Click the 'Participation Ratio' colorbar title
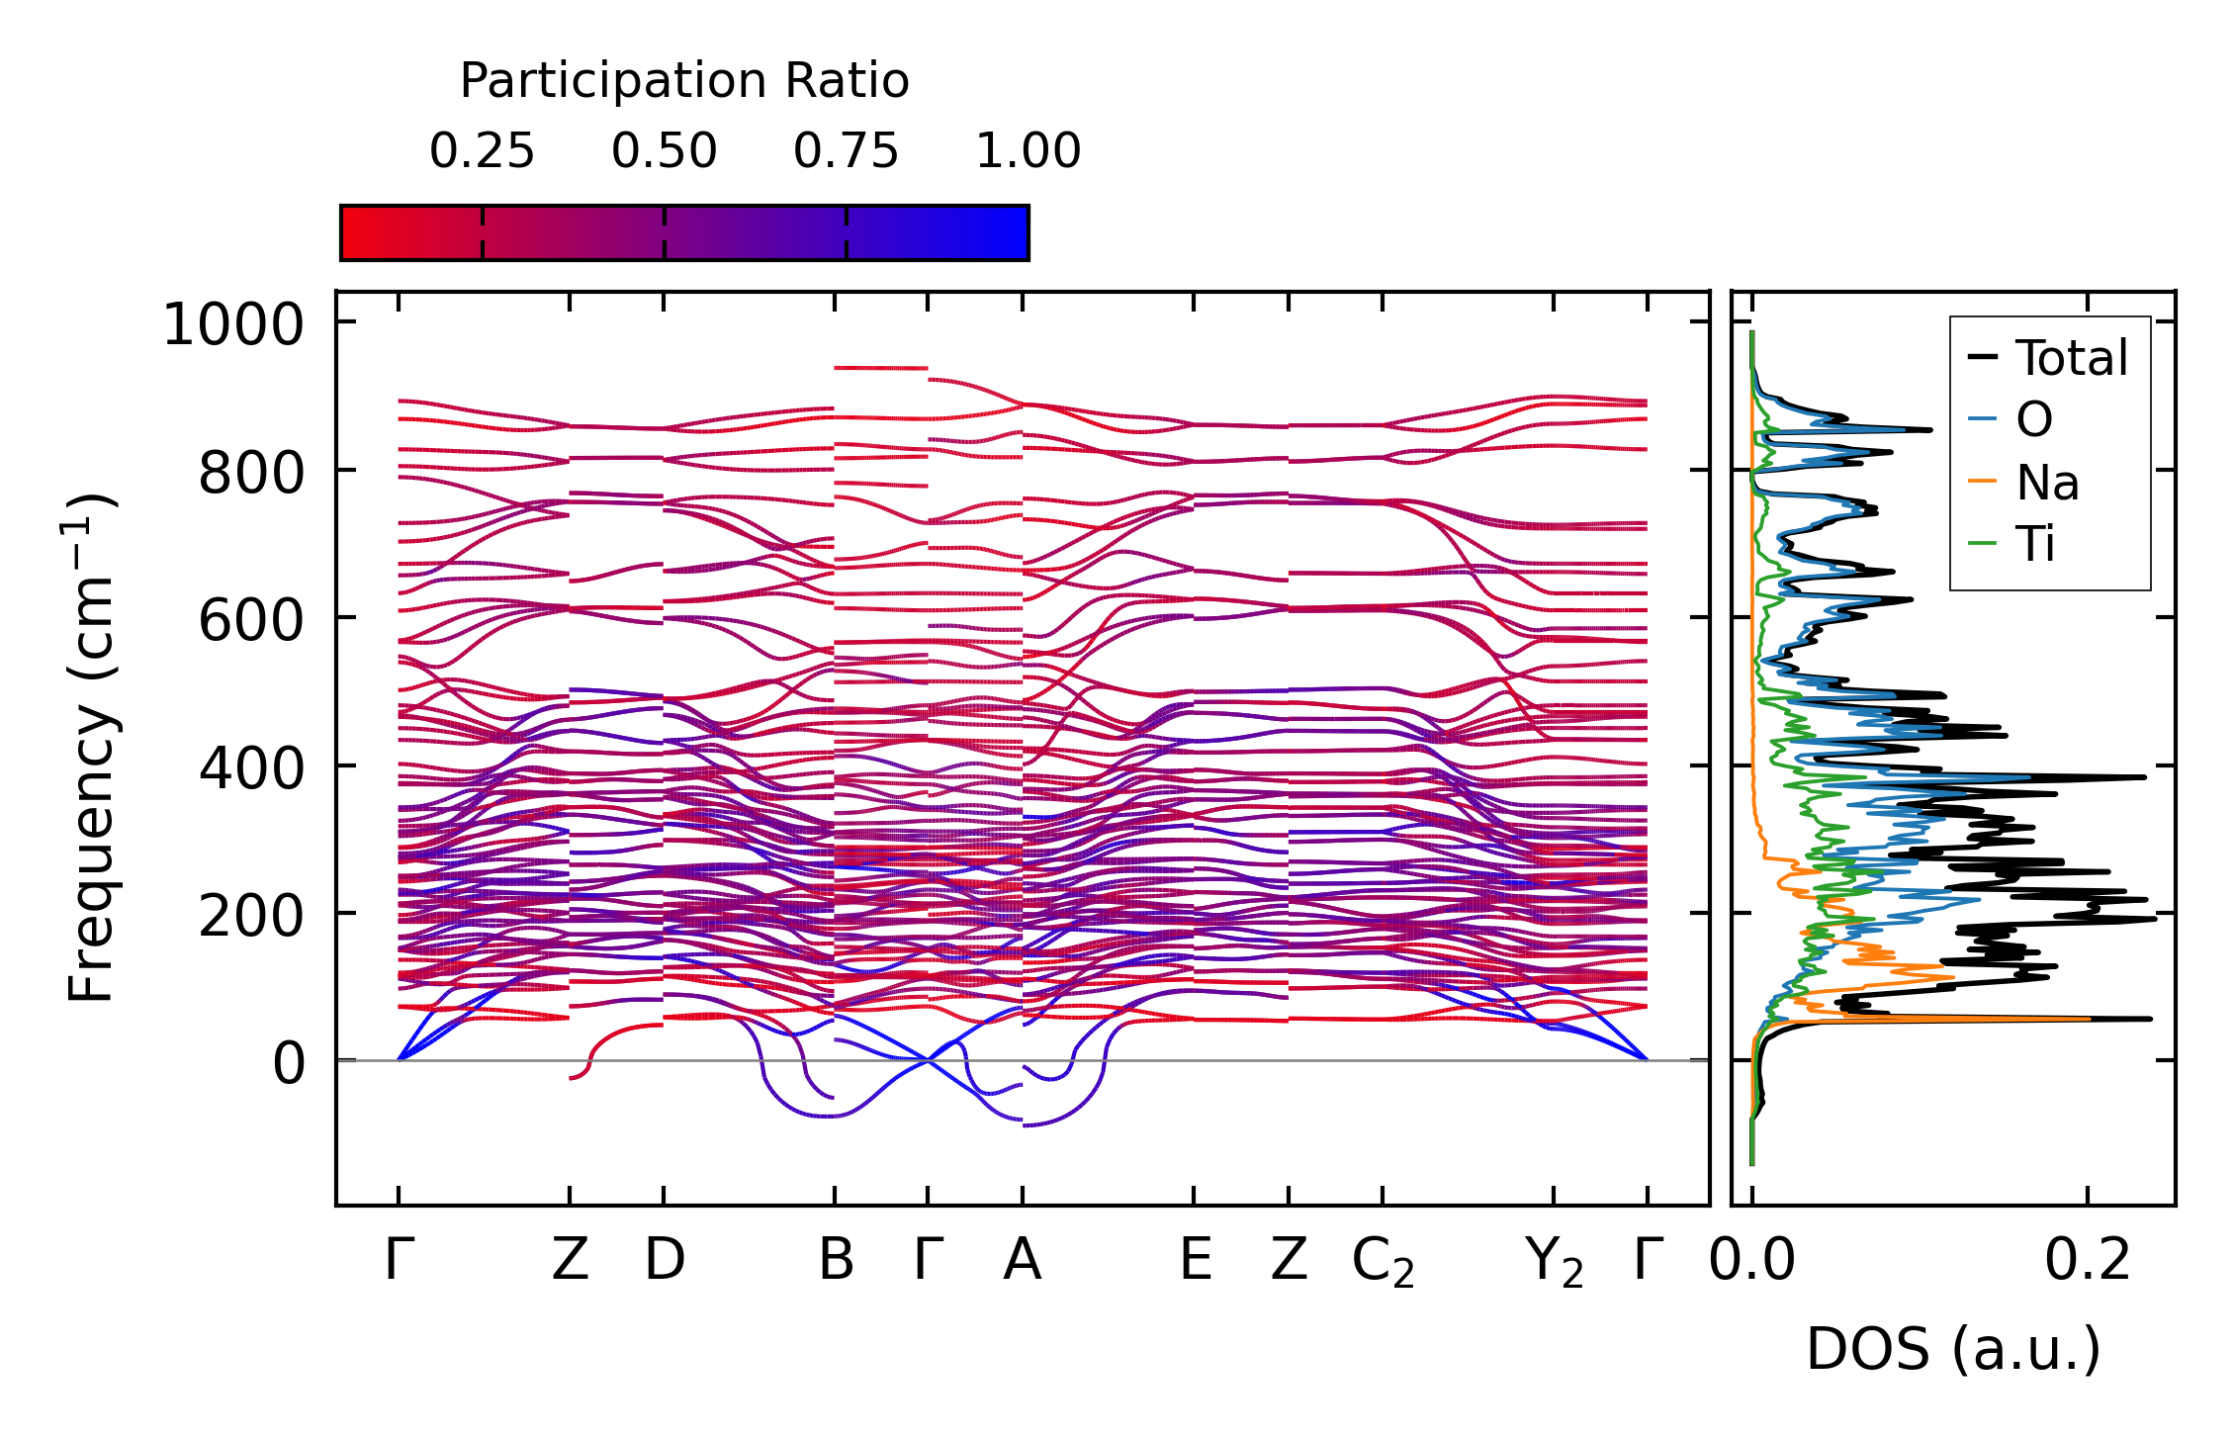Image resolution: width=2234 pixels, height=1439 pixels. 684,81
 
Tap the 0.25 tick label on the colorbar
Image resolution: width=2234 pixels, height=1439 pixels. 482,152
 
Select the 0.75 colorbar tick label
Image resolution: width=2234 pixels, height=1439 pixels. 846,152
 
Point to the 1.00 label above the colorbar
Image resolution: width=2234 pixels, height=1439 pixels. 1028,152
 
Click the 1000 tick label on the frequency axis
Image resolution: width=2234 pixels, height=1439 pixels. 233,324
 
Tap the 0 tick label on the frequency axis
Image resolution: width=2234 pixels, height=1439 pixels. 289,1065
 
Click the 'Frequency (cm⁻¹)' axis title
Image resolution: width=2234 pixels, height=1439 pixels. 91,748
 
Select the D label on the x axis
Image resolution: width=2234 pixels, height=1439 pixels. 665,1260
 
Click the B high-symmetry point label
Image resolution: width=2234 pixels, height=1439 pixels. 836,1260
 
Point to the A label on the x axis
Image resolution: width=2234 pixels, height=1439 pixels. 1022,1260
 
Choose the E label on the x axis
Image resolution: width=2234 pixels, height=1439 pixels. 1196,1260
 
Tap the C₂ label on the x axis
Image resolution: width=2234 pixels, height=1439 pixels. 1383,1262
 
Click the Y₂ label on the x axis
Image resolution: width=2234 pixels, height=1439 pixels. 1554,1262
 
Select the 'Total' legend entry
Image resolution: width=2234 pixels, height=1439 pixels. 2071,358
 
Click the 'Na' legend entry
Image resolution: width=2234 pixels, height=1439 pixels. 2046,483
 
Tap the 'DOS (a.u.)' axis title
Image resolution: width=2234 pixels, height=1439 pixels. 1953,1349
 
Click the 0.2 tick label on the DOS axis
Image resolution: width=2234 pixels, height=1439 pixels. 2088,1260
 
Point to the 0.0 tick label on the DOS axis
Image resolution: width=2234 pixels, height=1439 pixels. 1751,1260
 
